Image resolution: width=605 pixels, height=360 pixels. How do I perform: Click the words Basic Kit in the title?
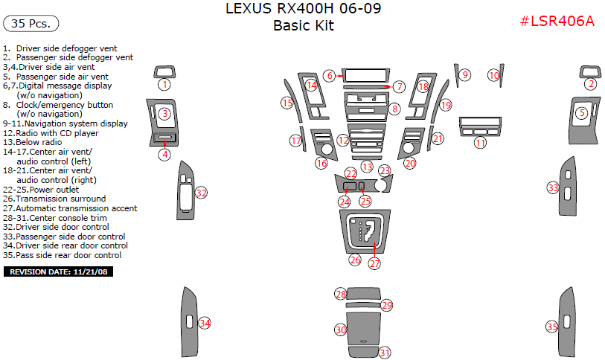point(304,26)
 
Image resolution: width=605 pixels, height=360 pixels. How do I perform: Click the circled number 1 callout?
point(164,85)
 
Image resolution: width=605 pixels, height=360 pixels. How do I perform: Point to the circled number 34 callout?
point(204,323)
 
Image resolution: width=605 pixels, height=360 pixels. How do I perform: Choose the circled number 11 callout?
point(481,142)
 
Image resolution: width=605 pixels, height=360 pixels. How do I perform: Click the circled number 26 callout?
point(355,260)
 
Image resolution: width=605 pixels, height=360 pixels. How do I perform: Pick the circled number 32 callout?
point(201,193)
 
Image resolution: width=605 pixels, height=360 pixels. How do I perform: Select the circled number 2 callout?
point(590,84)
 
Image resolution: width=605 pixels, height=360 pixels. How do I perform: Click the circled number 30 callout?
point(340,329)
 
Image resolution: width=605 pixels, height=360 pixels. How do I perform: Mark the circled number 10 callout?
point(493,75)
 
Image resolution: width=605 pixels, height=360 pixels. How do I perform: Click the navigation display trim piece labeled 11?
point(480,123)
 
